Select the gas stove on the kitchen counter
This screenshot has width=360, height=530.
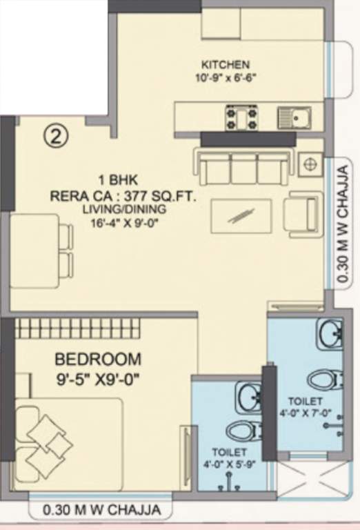(241, 117)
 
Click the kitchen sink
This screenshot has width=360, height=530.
(294, 117)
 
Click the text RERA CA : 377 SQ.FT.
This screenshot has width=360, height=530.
(123, 197)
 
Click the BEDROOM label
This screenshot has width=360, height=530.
(98, 360)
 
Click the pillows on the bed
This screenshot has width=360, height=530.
(43, 438)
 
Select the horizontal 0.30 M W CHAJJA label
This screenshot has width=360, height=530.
(101, 511)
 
